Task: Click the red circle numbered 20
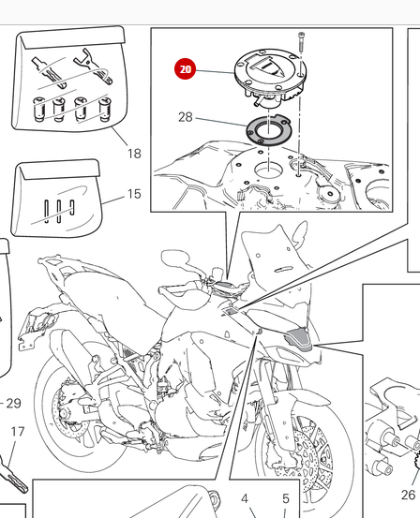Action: coord(186,69)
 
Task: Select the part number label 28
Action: coord(186,117)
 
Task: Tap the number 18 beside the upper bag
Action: coord(134,154)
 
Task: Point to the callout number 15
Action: coord(134,194)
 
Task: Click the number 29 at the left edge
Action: coord(13,404)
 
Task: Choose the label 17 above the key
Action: coord(18,432)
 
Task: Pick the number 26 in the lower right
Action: coord(408,495)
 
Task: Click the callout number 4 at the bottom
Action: coord(245,498)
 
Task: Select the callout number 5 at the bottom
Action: coord(286,498)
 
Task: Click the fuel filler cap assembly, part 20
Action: coord(271,77)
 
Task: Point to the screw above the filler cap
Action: coord(301,41)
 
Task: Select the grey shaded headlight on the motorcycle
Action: coord(299,336)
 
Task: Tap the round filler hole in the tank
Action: coord(268,170)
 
